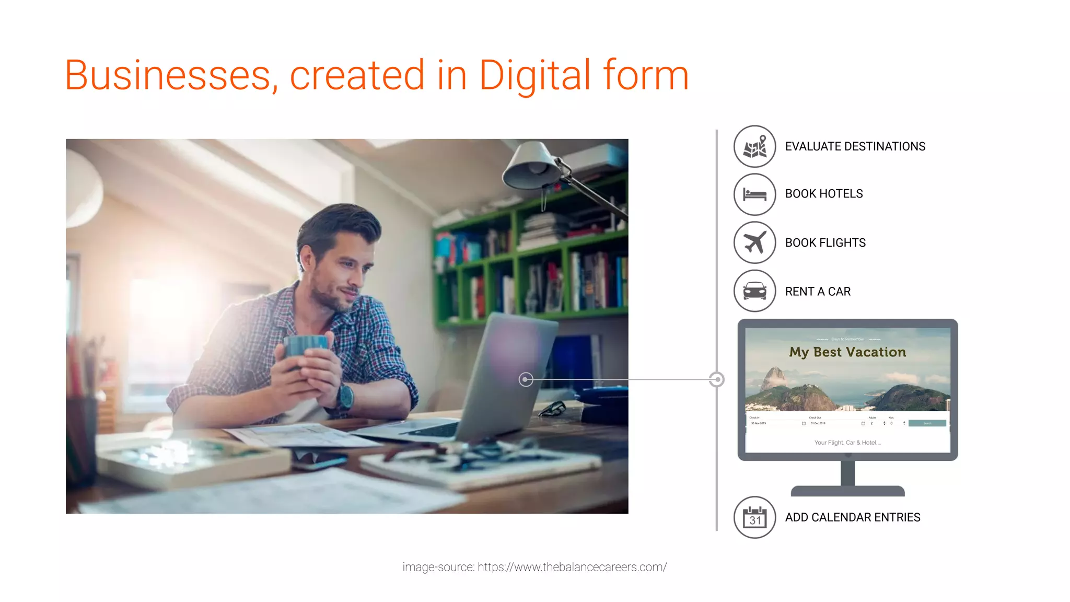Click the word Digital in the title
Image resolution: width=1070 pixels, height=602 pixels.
click(x=534, y=76)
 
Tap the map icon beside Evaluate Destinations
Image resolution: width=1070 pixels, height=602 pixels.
click(x=754, y=146)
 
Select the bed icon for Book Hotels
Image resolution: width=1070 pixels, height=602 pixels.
click(x=754, y=194)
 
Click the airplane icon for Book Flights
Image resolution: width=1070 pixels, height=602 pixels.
click(x=754, y=242)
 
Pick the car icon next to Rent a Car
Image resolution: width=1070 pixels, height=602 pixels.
click(x=754, y=291)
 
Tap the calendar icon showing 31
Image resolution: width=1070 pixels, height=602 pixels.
click(x=754, y=517)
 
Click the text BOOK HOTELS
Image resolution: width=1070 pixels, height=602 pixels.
click(x=823, y=194)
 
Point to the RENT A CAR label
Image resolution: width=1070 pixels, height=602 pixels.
click(x=818, y=292)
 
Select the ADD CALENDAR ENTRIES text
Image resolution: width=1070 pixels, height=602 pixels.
click(x=852, y=517)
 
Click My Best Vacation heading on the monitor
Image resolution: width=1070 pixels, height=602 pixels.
click(x=847, y=352)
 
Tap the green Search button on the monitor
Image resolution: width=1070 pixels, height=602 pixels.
click(x=927, y=423)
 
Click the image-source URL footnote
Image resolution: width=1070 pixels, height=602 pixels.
click(x=534, y=567)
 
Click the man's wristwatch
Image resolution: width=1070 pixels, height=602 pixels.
click(x=345, y=397)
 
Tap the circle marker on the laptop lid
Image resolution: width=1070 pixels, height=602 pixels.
click(x=526, y=379)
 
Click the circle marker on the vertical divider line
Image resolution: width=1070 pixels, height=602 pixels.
click(x=717, y=379)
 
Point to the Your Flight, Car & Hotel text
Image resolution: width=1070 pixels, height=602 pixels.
click(x=847, y=443)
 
